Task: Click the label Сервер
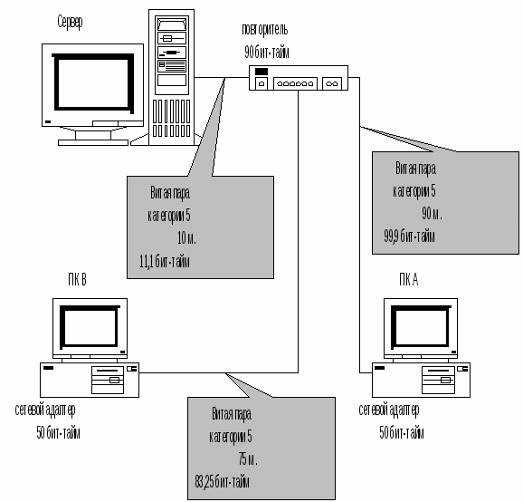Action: (x=70, y=23)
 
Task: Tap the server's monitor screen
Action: (x=92, y=82)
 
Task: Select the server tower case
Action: (x=171, y=77)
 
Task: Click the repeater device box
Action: (x=299, y=78)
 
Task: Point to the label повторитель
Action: (x=265, y=30)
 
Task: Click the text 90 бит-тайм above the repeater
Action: (x=267, y=53)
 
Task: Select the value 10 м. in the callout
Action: (x=186, y=238)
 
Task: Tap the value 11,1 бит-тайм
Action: (x=165, y=262)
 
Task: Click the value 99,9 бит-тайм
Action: (x=409, y=237)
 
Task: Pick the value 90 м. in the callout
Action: (x=432, y=214)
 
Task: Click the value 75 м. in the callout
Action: (x=248, y=459)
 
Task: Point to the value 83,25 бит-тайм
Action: (x=223, y=482)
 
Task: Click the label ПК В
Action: (x=78, y=280)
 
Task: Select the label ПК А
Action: (x=409, y=280)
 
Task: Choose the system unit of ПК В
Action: (x=90, y=380)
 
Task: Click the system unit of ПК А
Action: (x=422, y=380)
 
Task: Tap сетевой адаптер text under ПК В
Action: (x=45, y=410)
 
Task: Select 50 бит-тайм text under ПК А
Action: (x=402, y=433)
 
